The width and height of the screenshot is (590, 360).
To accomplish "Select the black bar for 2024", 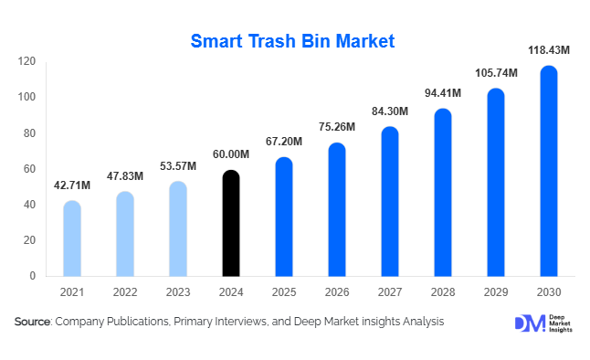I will point(231,223).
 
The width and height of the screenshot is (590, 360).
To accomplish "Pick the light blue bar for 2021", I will point(72,238).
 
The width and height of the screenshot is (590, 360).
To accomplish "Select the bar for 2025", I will point(284,217).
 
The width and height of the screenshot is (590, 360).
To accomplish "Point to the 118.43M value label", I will point(548,49).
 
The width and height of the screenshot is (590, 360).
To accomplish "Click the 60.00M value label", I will point(231,154).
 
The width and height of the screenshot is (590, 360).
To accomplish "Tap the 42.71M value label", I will point(72,185).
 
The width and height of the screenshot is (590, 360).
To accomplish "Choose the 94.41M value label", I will point(442,93).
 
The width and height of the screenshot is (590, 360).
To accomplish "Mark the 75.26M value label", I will point(337,127).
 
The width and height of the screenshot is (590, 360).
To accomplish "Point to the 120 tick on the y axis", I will point(26,62).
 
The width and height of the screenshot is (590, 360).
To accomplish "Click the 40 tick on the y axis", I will point(29,205).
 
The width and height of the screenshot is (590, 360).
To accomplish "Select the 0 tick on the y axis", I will point(32,276).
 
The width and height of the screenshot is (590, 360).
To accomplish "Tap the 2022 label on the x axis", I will point(125,293).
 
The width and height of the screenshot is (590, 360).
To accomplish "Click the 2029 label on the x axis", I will point(495,293).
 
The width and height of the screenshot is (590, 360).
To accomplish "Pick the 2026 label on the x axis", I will point(337,293).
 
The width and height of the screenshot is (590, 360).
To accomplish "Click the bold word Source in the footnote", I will point(33,322).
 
